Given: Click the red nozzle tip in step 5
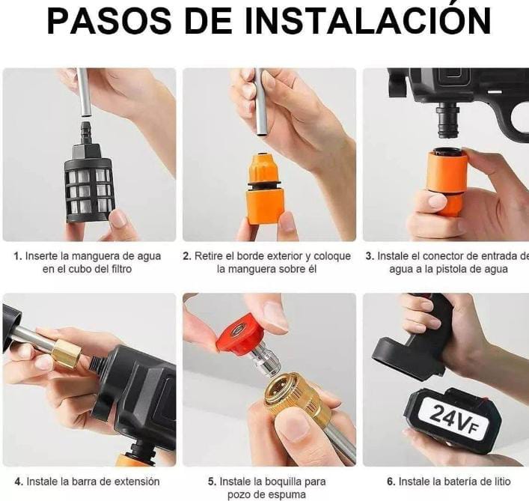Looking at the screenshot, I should coord(239,335).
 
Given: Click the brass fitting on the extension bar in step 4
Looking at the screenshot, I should coord(66,352).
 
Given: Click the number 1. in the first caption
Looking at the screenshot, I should coord(18,256).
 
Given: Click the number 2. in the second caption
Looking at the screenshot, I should coord(187,256).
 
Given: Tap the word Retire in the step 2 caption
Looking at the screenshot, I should coord(209,256).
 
